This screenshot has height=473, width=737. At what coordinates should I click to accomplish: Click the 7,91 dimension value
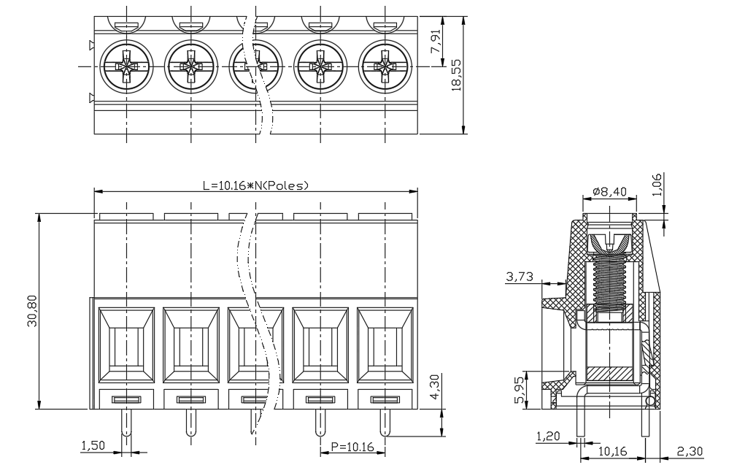coord(436,42)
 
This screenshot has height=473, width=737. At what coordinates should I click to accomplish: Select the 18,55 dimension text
coord(456,74)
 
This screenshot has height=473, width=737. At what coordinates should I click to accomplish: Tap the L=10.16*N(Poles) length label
coord(255,185)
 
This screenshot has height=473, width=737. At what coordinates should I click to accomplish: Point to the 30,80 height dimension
coord(32,311)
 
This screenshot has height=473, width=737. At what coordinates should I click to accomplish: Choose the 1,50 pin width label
coord(93,445)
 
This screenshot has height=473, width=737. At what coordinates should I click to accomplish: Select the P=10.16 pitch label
coord(352,447)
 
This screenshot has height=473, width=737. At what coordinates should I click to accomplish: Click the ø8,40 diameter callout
coord(609,191)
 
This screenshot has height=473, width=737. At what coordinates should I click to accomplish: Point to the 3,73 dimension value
coord(520,277)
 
